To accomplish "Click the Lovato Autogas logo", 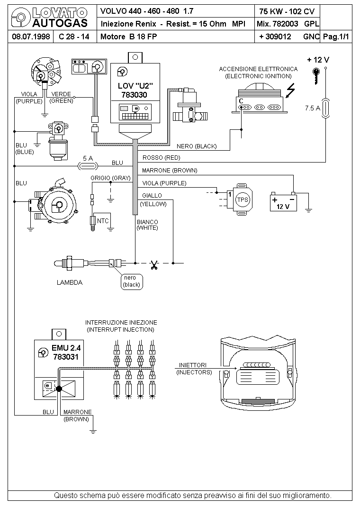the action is (49, 18).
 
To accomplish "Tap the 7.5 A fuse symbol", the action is (326, 109).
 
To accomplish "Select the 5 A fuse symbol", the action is (88, 166).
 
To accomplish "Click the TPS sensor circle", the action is (243, 199).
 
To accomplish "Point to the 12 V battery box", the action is (283, 202).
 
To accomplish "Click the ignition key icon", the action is (316, 76).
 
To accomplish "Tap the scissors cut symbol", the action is (154, 265).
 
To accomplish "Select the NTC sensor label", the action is (103, 221).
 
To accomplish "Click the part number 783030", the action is (135, 95).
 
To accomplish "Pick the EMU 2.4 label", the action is (66, 348).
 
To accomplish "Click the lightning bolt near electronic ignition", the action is (291, 91).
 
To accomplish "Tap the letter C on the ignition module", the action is (241, 101).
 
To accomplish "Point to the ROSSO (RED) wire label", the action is (161, 158).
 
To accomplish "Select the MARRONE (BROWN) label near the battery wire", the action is (170, 171).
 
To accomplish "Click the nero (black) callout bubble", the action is (132, 281).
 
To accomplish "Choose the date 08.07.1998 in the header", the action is (31, 36).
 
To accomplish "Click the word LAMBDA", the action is (70, 282).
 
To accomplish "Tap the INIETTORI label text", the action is (193, 365).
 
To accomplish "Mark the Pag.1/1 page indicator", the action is (336, 36).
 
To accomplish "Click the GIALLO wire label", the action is (152, 196).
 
